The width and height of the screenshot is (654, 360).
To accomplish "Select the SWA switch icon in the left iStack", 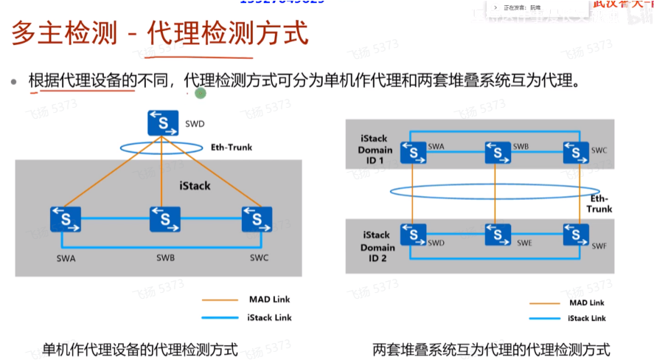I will (66, 219).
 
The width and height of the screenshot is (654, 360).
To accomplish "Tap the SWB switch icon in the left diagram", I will (164, 219).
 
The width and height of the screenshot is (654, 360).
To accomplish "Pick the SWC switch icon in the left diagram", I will (256, 219).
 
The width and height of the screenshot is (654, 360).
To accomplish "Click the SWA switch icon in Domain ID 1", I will (414, 152).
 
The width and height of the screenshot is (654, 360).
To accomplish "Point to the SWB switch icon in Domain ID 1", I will (498, 152).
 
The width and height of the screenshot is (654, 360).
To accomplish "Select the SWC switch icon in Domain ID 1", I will (576, 152).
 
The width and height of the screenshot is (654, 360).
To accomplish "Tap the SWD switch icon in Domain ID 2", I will (414, 235).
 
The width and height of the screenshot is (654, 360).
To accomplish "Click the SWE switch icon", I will (498, 235).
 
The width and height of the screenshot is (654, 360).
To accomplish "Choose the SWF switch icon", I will (576, 235).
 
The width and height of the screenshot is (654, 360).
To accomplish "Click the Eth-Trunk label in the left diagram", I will (231, 148).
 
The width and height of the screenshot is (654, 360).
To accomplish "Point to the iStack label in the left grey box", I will (195, 186).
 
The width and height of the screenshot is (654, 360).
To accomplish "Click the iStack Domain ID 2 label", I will (378, 247).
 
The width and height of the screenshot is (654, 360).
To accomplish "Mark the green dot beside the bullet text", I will (200, 93).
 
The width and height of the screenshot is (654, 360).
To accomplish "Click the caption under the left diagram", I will (140, 349).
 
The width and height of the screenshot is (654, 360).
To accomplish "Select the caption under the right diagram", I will (491, 349).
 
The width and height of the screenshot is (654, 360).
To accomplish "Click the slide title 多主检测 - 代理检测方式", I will (159, 35).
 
